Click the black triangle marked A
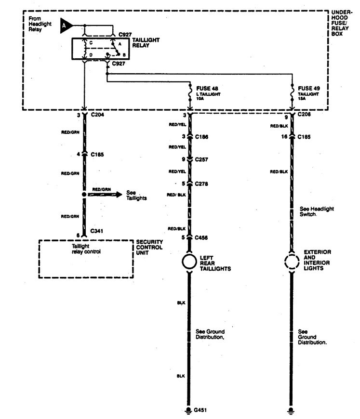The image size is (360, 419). click(x=65, y=26)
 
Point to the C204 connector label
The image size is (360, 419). click(x=97, y=116)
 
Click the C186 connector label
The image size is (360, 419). click(x=202, y=137)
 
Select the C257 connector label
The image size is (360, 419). click(x=202, y=159)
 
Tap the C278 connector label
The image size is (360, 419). click(x=202, y=183)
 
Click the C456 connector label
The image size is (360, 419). click(x=202, y=237)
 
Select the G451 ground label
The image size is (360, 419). click(x=200, y=410)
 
